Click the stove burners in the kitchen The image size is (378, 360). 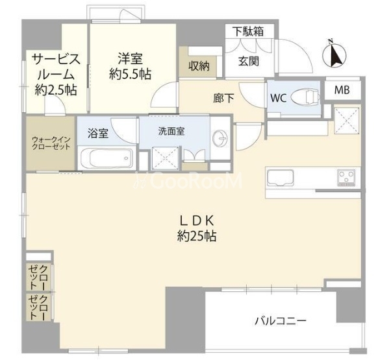pos(345,176)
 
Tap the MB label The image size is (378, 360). pos(342,91)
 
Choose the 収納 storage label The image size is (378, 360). pos(199,65)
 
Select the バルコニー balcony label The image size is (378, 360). pos(280,320)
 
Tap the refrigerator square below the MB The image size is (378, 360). pos(346,119)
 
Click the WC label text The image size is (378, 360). pos(278,99)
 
